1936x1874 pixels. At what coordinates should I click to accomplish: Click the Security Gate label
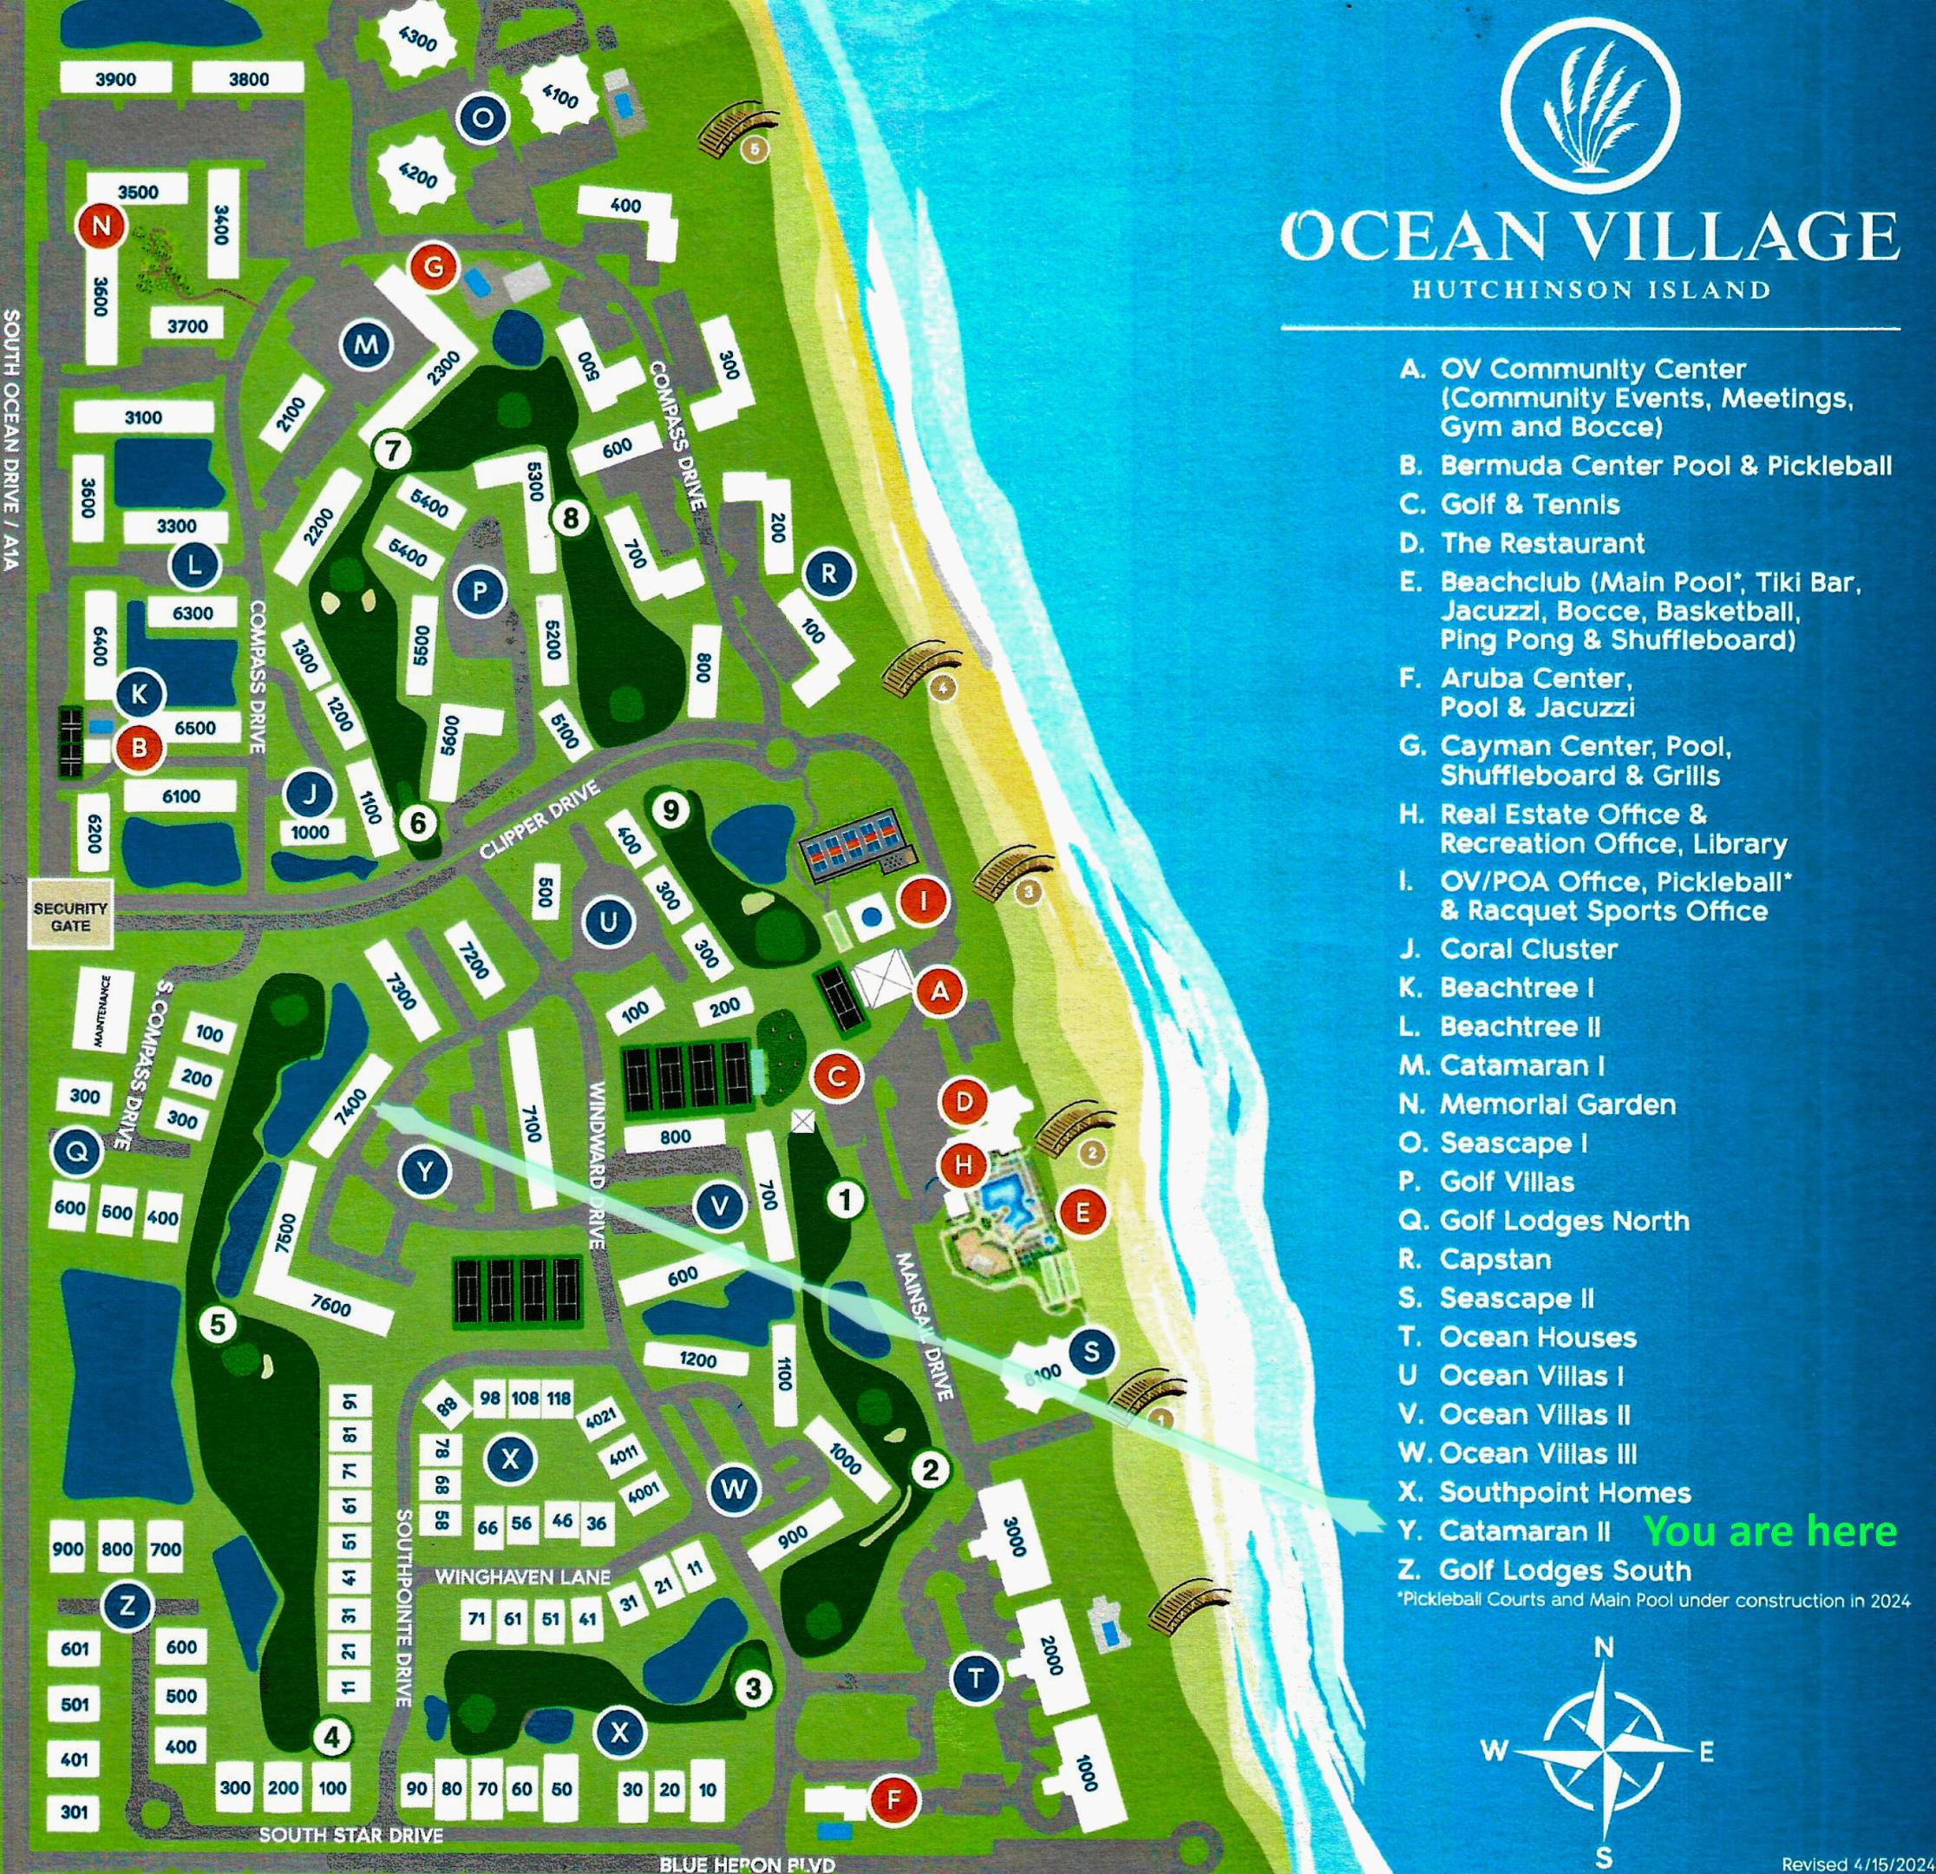click(x=69, y=917)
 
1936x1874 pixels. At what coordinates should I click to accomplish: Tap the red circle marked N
click(x=101, y=226)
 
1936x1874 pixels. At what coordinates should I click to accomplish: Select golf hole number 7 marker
click(x=392, y=451)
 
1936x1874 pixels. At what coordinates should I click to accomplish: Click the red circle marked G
click(x=434, y=265)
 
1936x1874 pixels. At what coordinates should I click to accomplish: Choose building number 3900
click(x=115, y=79)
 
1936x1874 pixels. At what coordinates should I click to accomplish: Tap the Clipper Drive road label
click(x=540, y=820)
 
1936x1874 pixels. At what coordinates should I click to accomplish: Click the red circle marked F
click(x=894, y=1800)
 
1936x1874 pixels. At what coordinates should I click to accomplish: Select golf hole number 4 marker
click(x=332, y=1737)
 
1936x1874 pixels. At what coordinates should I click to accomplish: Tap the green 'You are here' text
click(x=1770, y=1532)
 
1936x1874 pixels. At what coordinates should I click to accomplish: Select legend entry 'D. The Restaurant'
click(x=1521, y=543)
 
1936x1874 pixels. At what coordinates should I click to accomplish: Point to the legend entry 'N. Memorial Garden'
click(x=1537, y=1104)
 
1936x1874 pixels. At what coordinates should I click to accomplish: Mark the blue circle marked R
click(x=827, y=574)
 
